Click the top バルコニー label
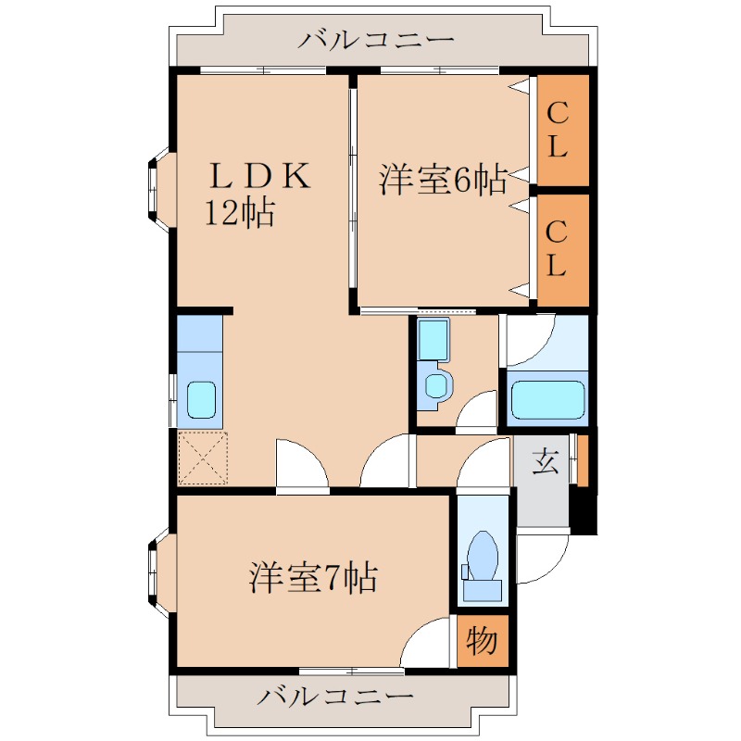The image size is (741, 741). (x=376, y=41)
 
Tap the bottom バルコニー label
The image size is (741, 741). (x=335, y=697)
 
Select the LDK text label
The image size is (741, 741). (x=258, y=176)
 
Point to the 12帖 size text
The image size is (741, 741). (x=239, y=214)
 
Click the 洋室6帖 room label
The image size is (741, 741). (x=443, y=180)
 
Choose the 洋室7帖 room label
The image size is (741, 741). (x=312, y=579)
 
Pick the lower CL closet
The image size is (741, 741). (x=557, y=250)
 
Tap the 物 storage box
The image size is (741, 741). (x=483, y=641)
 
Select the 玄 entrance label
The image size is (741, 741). (x=546, y=460)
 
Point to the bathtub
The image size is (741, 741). (x=548, y=399)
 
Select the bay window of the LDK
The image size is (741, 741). (x=157, y=189)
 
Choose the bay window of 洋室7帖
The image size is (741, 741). (x=157, y=572)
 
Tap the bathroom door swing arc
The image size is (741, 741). (x=531, y=339)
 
